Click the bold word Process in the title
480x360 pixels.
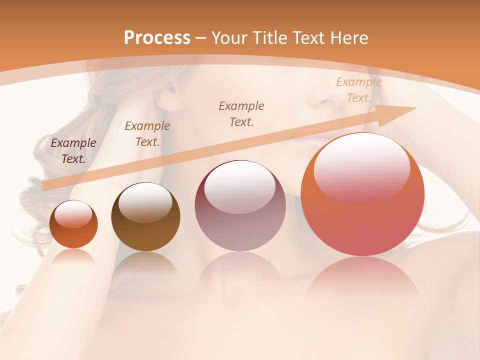pyautogui.click(x=157, y=38)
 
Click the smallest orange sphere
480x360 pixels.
pyautogui.click(x=73, y=224)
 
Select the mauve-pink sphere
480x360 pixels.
pyautogui.click(x=240, y=206)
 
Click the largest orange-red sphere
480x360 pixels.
pyautogui.click(x=362, y=195)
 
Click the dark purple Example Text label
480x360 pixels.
pyautogui.click(x=73, y=151)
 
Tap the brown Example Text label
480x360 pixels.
pyautogui.click(x=147, y=134)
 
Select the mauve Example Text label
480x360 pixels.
pyautogui.click(x=241, y=114)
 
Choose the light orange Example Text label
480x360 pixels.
pyautogui.click(x=358, y=90)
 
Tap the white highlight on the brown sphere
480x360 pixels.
pyautogui.click(x=146, y=201)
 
